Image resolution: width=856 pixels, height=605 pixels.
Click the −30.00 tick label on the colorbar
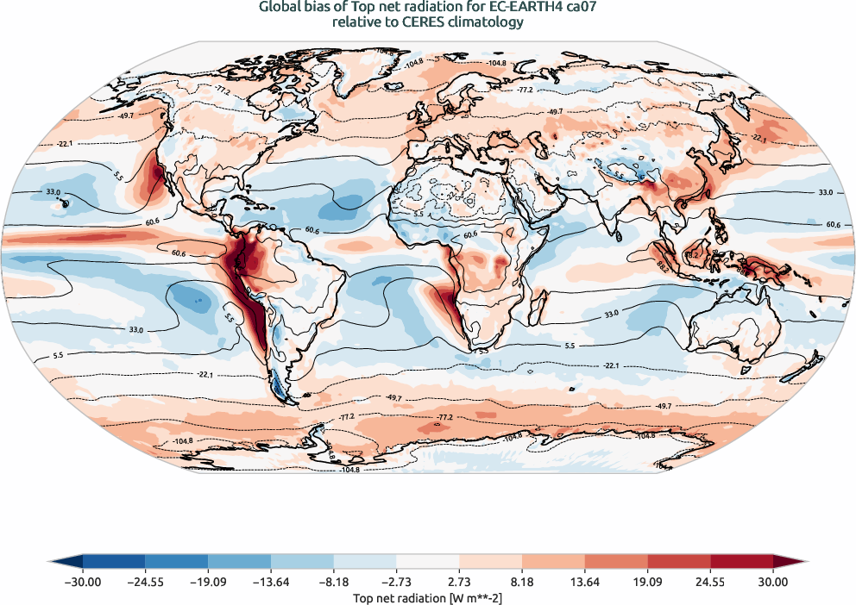82,583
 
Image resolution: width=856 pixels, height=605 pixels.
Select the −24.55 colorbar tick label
145,583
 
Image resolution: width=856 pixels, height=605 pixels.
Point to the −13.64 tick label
271,583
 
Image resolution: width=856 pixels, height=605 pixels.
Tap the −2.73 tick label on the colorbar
396,583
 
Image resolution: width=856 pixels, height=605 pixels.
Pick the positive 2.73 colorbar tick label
459,583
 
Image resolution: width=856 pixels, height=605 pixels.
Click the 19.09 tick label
647,583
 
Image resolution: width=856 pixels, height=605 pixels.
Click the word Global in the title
280,8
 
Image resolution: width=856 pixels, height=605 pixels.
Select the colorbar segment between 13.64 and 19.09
616,564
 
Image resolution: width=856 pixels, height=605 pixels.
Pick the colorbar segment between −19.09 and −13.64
239,564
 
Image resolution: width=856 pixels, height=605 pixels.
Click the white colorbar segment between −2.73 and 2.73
428,564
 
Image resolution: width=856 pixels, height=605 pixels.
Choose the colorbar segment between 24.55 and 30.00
741,564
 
